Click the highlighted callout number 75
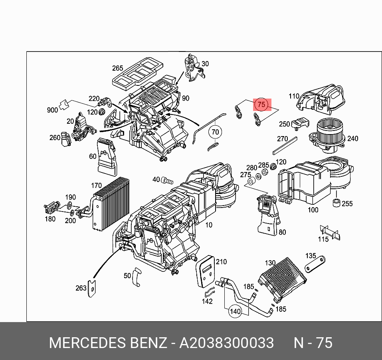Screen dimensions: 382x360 click(x=261, y=105)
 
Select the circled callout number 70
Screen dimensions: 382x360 click(x=215, y=132)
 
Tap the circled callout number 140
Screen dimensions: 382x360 click(x=235, y=311)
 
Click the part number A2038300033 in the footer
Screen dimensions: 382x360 click(x=227, y=343)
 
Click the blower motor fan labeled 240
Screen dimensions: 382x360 click(x=327, y=136)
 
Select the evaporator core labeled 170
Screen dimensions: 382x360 click(x=111, y=204)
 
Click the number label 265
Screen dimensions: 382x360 click(x=117, y=68)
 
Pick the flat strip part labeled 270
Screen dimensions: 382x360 click(x=285, y=146)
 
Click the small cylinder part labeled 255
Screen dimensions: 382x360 click(x=336, y=203)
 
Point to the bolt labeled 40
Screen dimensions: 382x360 click(x=168, y=181)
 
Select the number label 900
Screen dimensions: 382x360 click(x=52, y=110)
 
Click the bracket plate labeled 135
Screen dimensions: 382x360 click(x=315, y=264)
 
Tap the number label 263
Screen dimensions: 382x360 click(x=81, y=288)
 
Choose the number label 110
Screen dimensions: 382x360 click(x=294, y=96)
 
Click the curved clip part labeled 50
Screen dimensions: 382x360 click(x=136, y=277)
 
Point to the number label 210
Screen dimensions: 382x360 click(x=221, y=262)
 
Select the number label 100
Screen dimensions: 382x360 click(x=313, y=210)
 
